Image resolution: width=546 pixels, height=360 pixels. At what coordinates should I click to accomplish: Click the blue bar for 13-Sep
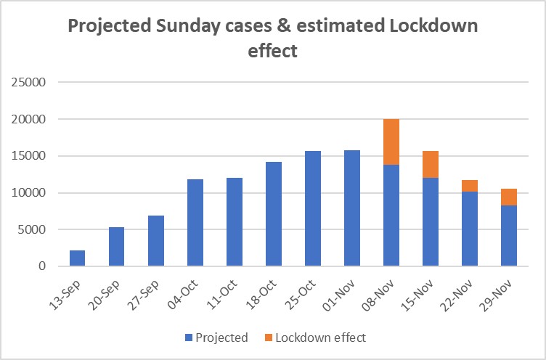coord(77,258)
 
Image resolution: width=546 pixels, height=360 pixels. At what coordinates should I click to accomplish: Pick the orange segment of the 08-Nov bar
coord(391,142)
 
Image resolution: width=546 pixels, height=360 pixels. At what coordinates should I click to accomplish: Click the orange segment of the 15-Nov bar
coord(430,165)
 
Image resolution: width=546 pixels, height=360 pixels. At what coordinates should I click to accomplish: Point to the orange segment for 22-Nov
coord(469,186)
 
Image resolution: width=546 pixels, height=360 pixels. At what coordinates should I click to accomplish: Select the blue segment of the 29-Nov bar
coord(508,236)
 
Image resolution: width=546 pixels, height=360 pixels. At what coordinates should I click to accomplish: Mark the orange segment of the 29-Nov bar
coord(508,197)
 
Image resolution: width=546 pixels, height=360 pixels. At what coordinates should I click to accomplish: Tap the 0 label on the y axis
coord(42,266)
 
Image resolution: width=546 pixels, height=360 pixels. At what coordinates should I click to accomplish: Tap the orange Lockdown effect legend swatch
coord(268,337)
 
